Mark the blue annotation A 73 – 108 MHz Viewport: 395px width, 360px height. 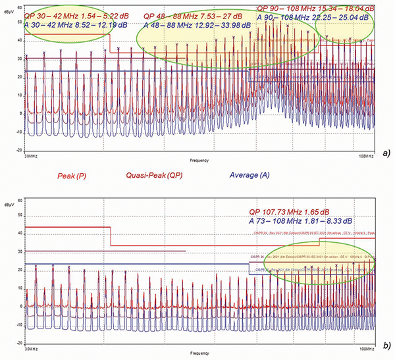(x=300, y=221)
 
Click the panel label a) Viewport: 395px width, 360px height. (x=386, y=153)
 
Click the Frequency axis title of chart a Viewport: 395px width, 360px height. (x=199, y=160)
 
